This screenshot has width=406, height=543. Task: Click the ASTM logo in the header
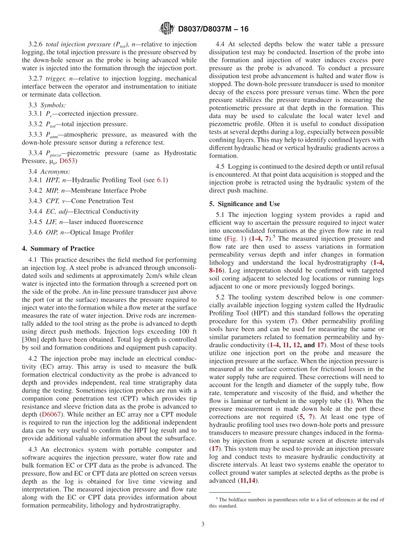pyautogui.click(x=167, y=29)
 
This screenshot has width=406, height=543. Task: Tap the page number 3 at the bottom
pyautogui.click(x=203, y=524)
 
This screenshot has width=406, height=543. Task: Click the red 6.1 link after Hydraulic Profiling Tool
pyautogui.click(x=162, y=180)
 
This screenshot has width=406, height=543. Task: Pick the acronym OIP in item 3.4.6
pyautogui.click(x=52, y=233)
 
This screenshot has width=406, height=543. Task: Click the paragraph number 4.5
pyautogui.click(x=221, y=166)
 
